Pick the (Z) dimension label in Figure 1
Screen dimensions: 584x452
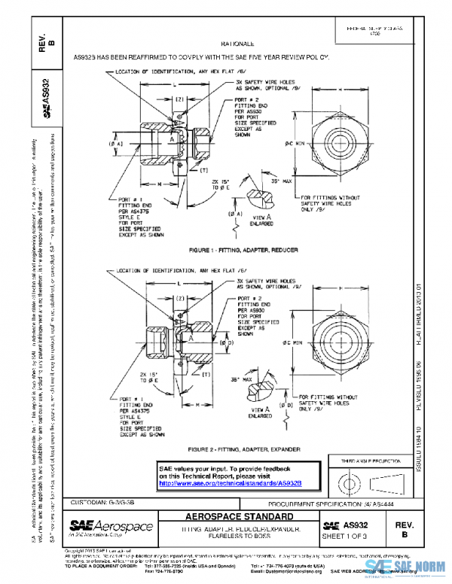tap(180, 99)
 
